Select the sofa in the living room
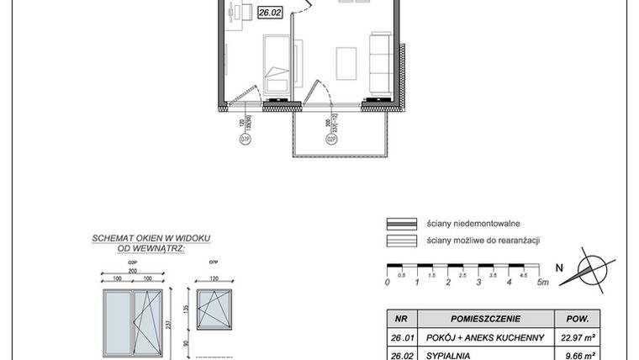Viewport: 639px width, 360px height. tap(380, 61)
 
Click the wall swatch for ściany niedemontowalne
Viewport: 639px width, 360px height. tap(402, 224)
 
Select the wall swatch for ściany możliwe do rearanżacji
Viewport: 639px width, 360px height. tap(402, 241)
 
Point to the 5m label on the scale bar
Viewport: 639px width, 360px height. tap(542, 283)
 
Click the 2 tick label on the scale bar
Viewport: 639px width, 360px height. tap(448, 283)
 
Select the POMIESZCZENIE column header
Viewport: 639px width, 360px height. tap(487, 320)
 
